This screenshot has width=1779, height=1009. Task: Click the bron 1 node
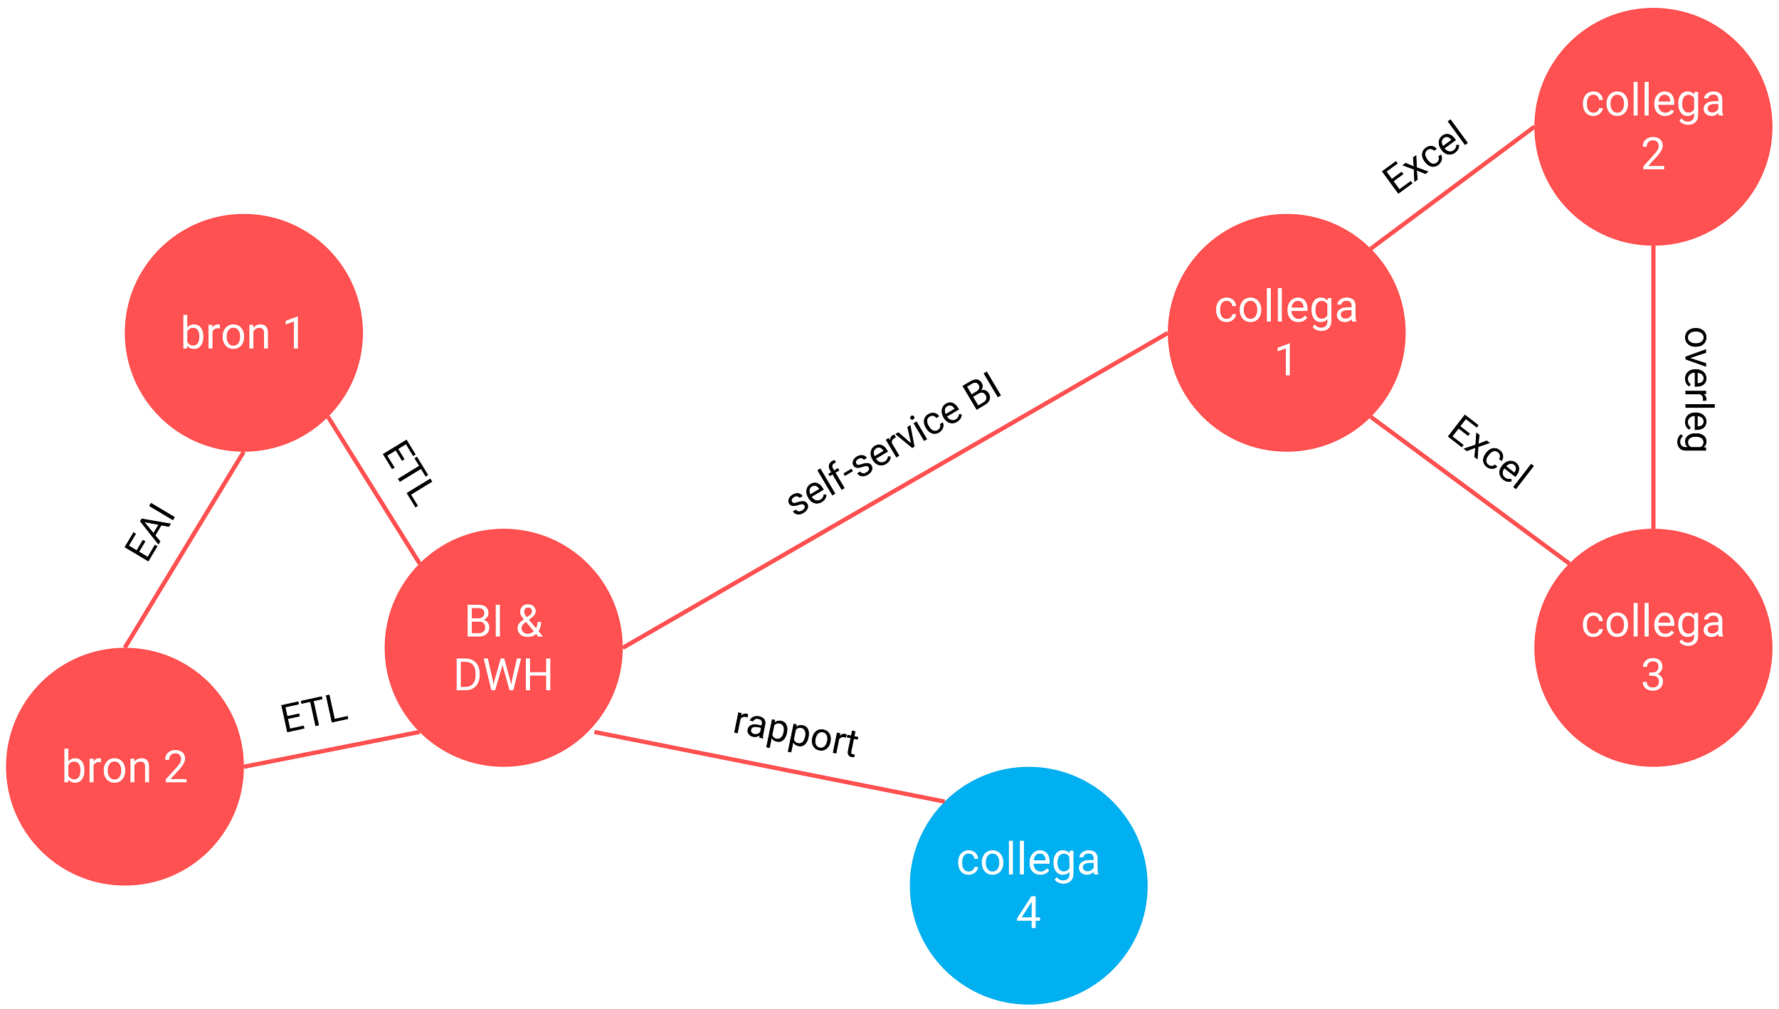[243, 332]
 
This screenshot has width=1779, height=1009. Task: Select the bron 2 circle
[125, 766]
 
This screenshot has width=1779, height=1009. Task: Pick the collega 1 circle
[1286, 332]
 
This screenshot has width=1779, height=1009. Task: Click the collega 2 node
[1652, 127]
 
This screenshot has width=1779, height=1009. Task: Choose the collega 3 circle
[1652, 648]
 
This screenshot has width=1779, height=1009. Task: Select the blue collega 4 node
[1028, 885]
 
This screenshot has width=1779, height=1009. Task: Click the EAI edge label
[149, 532]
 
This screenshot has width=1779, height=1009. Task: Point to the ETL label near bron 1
[407, 474]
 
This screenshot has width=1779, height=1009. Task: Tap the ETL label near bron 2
[314, 714]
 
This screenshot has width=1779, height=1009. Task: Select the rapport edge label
[796, 734]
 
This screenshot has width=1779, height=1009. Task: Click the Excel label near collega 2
[1425, 157]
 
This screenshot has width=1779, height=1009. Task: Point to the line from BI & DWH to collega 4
[769, 766]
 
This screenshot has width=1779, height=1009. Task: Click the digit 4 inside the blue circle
[1028, 912]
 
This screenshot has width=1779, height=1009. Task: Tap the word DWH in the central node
[503, 675]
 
